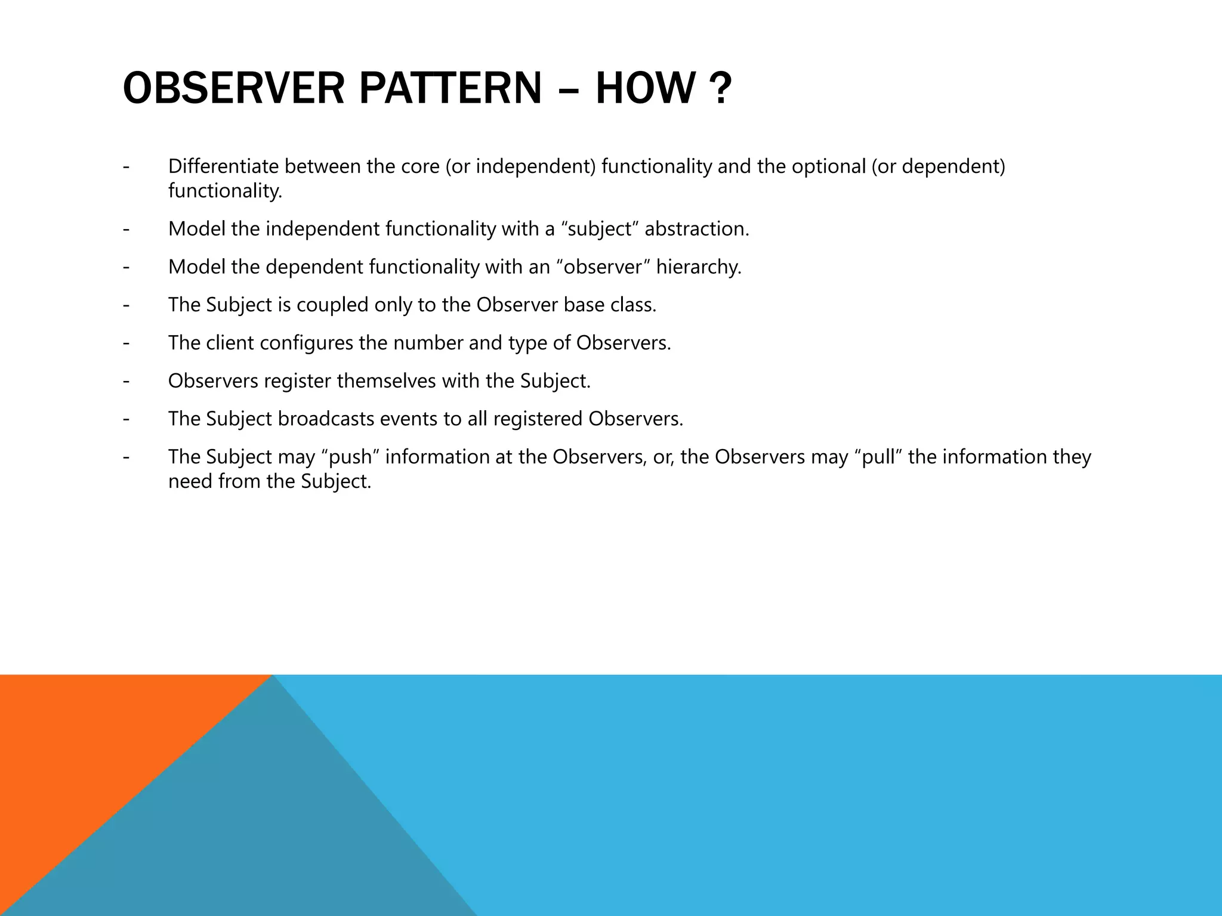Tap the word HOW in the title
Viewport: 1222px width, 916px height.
coord(645,88)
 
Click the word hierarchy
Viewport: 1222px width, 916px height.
coord(699,267)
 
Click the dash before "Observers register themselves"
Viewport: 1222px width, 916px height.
coord(126,381)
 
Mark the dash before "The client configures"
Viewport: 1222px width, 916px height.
coord(126,343)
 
